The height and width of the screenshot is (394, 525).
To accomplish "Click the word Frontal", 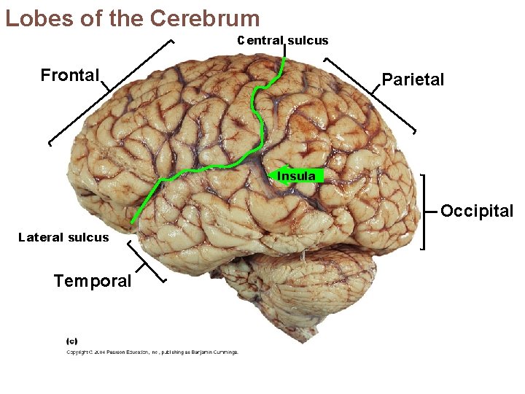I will [69, 75].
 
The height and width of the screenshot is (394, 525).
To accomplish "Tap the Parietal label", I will [412, 80].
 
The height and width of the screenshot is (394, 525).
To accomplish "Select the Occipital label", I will [477, 212].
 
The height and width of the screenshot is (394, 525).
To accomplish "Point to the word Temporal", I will [93, 281].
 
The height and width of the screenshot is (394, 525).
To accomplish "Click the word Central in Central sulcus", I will [260, 40].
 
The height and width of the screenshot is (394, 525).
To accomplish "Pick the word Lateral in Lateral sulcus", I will [41, 237].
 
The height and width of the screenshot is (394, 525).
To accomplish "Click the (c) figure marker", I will [72, 340].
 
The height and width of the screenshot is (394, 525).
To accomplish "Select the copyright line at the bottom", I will [152, 352].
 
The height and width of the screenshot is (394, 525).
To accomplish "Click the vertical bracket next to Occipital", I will [425, 212].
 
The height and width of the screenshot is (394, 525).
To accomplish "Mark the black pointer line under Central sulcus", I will [284, 53].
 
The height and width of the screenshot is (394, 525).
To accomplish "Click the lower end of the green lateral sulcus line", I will [133, 221].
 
